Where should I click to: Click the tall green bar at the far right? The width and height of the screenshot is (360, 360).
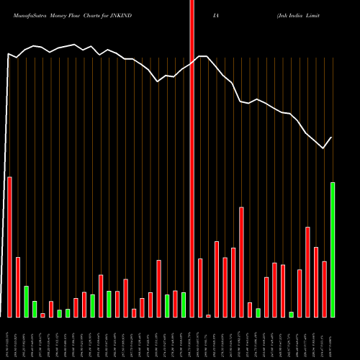[333, 249]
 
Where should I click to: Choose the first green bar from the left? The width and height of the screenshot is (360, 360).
[26, 301]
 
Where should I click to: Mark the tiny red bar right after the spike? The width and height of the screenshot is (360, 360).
[208, 315]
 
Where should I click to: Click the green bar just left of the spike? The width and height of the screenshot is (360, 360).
[184, 305]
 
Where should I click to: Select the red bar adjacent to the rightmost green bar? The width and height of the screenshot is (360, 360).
[324, 289]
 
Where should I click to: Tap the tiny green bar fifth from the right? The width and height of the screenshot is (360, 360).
[291, 314]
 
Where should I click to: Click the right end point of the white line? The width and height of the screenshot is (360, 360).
[332, 138]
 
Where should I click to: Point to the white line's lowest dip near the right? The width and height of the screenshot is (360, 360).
[323, 148]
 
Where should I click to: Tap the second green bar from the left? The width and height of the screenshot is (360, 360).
[35, 309]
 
